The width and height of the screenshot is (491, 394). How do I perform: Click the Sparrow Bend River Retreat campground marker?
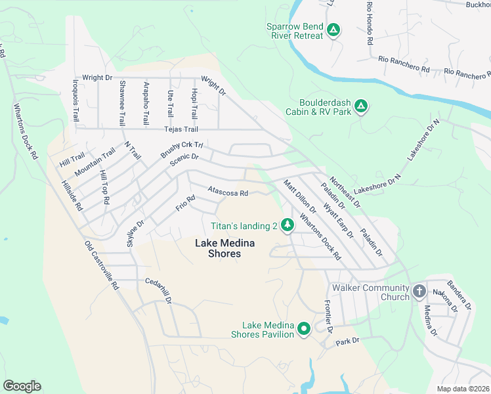[333, 30]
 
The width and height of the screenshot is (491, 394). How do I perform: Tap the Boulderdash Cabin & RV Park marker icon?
[360, 106]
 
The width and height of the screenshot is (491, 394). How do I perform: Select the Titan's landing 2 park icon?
[287, 225]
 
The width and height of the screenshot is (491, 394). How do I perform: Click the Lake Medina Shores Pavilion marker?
[303, 328]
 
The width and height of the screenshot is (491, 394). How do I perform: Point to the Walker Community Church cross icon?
[419, 290]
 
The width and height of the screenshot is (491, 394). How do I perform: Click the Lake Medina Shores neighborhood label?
[217, 248]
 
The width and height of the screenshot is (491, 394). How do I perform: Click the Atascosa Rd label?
[227, 193]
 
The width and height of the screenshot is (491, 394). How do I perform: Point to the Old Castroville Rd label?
[101, 265]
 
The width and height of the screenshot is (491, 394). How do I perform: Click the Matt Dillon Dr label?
[300, 197]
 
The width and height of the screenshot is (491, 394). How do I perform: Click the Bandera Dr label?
[465, 296]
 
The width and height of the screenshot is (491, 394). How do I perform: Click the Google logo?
[22, 386]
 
